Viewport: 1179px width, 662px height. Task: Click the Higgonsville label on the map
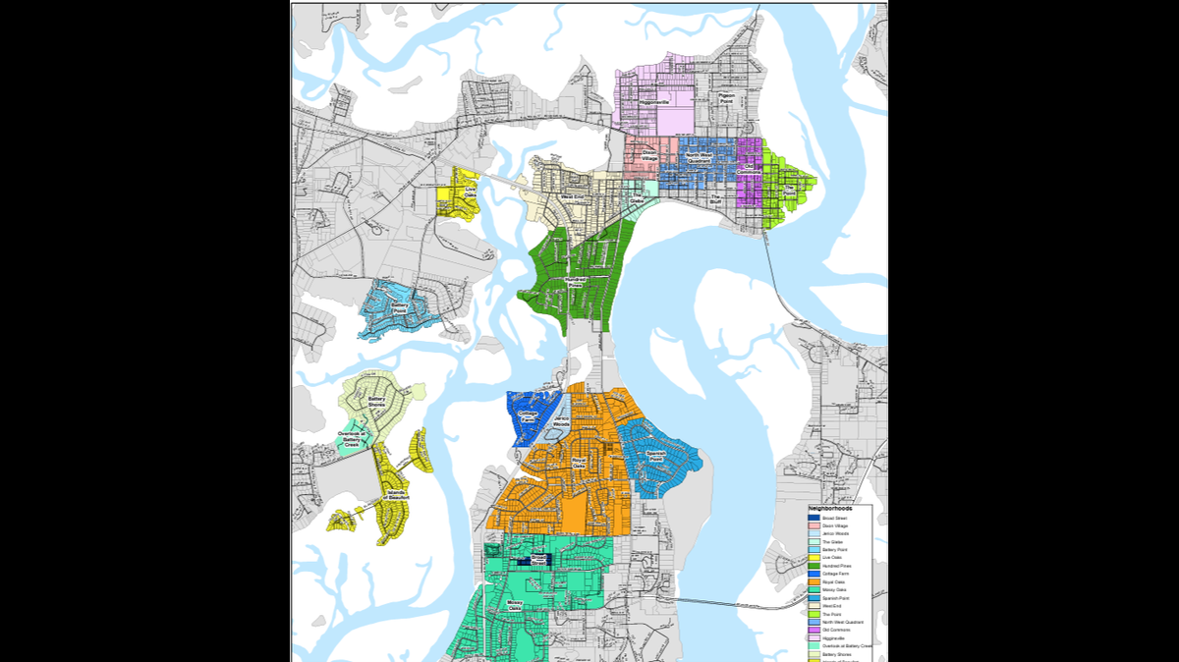point(652,102)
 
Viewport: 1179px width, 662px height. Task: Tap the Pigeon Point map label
point(727,98)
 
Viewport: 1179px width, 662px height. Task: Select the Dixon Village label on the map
point(648,155)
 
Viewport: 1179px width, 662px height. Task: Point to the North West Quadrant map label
point(699,157)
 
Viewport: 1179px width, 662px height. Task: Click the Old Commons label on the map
point(750,168)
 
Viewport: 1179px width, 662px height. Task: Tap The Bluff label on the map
point(715,198)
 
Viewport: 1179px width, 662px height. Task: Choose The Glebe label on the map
point(637,200)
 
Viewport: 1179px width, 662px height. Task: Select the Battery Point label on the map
point(400,307)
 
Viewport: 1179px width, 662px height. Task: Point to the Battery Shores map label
point(376,402)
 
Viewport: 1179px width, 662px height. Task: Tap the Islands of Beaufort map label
point(397,495)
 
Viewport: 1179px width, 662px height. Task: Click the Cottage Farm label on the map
point(528,416)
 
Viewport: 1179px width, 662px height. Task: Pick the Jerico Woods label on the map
point(561,422)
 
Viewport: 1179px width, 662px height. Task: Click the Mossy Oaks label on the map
point(514,606)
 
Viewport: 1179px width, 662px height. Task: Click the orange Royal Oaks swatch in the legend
point(814,582)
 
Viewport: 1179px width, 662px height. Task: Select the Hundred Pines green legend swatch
point(814,565)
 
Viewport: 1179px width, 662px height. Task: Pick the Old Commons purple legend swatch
point(814,629)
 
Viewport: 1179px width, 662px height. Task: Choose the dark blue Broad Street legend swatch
point(814,518)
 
